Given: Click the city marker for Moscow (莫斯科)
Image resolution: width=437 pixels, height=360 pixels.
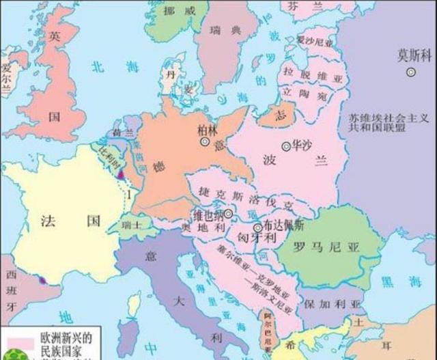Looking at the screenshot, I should pyautogui.click(x=412, y=72).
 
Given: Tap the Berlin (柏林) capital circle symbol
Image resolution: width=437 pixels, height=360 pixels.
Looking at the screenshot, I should pyautogui.click(x=204, y=142).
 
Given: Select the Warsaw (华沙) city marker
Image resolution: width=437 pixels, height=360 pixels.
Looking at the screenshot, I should pyautogui.click(x=285, y=146).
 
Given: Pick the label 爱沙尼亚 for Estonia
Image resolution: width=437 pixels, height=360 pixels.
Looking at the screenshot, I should pyautogui.click(x=314, y=42).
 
